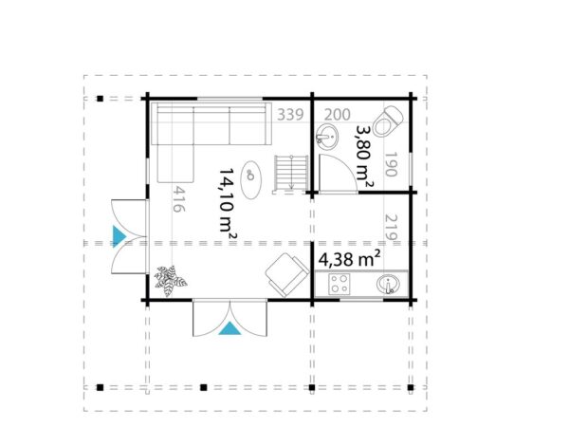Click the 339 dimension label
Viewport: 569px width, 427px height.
click(x=290, y=116)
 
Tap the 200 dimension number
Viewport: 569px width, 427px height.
click(x=337, y=116)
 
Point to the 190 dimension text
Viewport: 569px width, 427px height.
click(x=391, y=166)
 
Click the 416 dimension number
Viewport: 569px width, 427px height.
click(x=177, y=201)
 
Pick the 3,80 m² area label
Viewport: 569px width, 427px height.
click(x=363, y=152)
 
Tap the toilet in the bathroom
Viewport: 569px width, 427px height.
click(x=387, y=123)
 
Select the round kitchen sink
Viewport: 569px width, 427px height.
click(x=389, y=283)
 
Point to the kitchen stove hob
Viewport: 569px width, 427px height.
click(x=340, y=283)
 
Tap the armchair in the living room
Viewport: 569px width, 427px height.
click(x=285, y=273)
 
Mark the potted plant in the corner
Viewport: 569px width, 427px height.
click(x=170, y=279)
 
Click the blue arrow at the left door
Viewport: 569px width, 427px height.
click(x=119, y=235)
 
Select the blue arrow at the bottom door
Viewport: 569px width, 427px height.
click(x=229, y=328)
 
